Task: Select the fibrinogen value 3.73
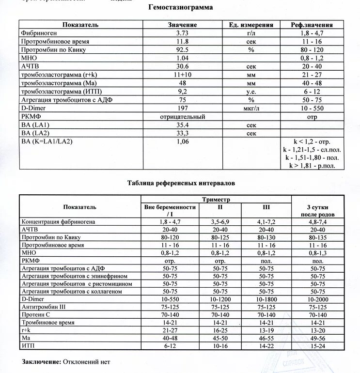[x=182, y=33]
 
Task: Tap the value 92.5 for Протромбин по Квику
[x=182, y=49]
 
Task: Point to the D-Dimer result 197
[x=182, y=108]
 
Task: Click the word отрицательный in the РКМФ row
[x=182, y=117]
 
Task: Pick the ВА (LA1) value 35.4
[x=182, y=125]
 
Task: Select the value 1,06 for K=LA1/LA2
[x=182, y=142]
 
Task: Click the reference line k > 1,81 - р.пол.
[x=314, y=166]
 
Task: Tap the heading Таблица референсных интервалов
[x=181, y=184]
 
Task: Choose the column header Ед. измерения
[x=251, y=25]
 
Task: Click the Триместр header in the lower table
[x=216, y=200]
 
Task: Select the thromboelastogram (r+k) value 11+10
[x=182, y=75]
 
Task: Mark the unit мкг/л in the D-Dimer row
[x=251, y=108]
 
